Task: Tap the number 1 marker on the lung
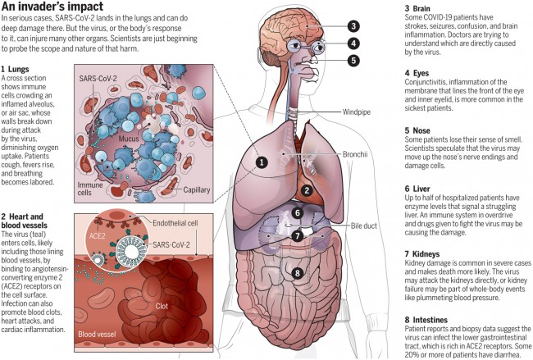(261, 162)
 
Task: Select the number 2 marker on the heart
(305, 191)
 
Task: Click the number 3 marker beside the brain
(353, 25)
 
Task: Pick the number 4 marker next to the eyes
(353, 43)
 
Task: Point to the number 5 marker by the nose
(353, 60)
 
